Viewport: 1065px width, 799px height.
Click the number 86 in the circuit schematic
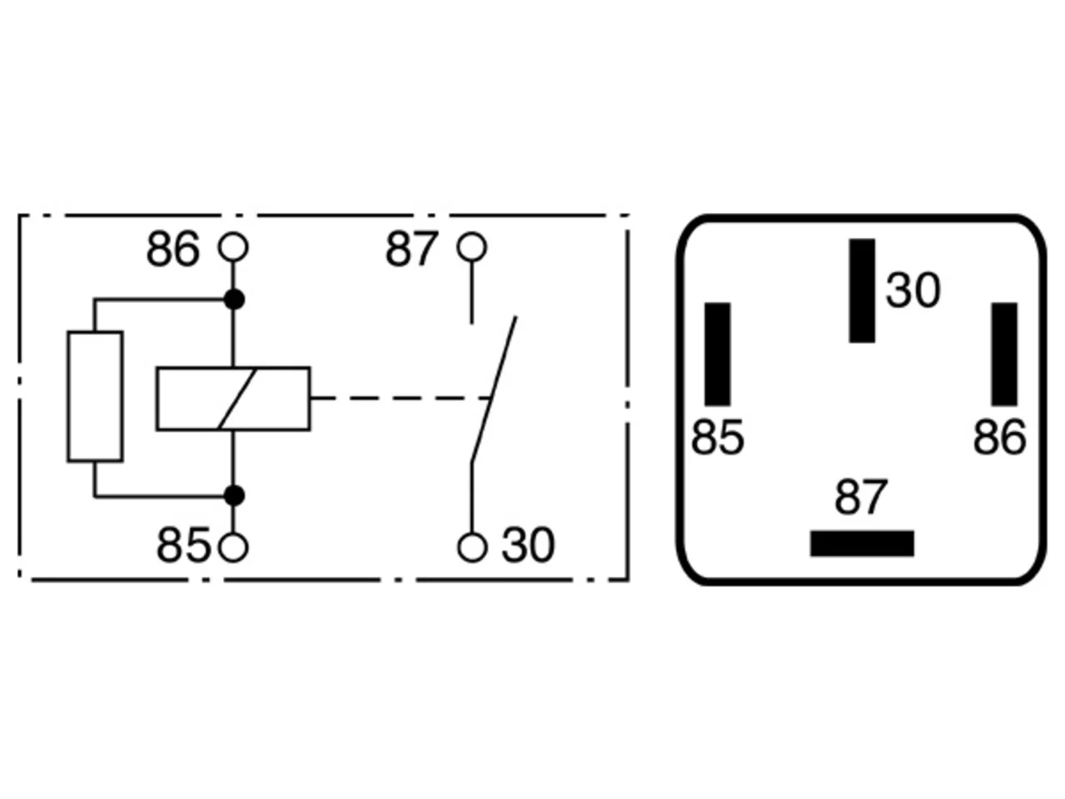tap(173, 249)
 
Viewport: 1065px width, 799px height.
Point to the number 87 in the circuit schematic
tap(412, 249)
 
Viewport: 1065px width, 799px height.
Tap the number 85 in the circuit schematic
tap(183, 545)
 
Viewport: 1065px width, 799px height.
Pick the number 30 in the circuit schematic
tap(528, 545)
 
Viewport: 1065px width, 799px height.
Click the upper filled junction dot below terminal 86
tap(234, 300)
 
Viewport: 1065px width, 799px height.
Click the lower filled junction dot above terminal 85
tap(234, 496)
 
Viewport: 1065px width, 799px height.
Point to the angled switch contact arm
tap(494, 388)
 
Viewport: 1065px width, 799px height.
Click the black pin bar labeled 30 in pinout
tap(862, 290)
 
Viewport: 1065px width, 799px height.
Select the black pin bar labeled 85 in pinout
tap(717, 355)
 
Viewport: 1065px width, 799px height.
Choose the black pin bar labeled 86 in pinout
tap(1004, 355)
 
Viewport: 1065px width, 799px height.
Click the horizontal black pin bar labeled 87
tap(862, 543)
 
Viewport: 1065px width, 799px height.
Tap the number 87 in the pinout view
tap(860, 497)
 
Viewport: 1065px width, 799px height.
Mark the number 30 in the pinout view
tap(913, 290)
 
